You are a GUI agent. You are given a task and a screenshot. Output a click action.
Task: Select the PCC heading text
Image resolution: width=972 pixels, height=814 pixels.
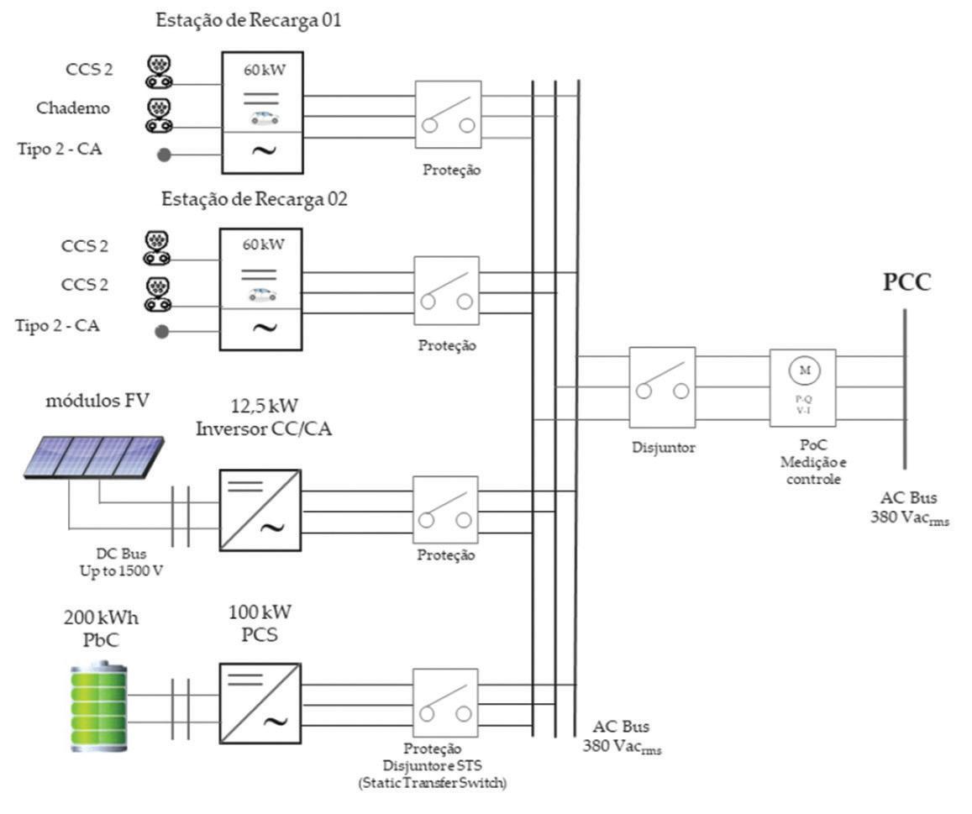(x=906, y=282)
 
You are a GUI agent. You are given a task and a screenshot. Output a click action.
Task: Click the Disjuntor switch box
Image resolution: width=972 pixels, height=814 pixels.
(x=662, y=386)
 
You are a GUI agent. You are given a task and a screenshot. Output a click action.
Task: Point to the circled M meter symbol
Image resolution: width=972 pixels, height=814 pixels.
(x=804, y=370)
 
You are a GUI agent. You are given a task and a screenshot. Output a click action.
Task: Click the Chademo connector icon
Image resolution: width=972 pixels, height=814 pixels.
(x=157, y=114)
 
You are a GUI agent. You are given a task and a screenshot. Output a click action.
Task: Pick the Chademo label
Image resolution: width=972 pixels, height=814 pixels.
(x=73, y=108)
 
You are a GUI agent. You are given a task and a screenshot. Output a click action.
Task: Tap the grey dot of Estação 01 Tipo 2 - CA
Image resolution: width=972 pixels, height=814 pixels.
(x=165, y=155)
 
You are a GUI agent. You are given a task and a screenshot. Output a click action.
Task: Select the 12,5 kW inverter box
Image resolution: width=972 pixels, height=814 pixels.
(x=260, y=510)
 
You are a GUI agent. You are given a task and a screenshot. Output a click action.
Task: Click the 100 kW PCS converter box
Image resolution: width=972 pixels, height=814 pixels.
(x=260, y=703)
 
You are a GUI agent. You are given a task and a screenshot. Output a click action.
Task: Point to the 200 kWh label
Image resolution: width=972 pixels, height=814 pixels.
(x=101, y=618)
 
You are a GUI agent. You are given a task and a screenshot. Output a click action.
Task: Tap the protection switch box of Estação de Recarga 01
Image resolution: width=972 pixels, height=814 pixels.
(x=448, y=115)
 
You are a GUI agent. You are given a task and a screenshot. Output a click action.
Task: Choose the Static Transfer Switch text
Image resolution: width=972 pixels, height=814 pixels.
(x=443, y=784)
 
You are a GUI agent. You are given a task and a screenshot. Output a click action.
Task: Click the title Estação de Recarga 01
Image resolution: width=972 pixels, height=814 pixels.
(x=249, y=21)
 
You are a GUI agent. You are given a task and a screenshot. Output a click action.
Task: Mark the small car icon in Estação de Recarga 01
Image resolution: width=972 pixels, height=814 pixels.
(x=264, y=118)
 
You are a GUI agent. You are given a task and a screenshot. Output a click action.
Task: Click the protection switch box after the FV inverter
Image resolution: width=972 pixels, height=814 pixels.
(x=445, y=510)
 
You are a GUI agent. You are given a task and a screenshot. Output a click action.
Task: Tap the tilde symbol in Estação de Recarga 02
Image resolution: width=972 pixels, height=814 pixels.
(x=264, y=328)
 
